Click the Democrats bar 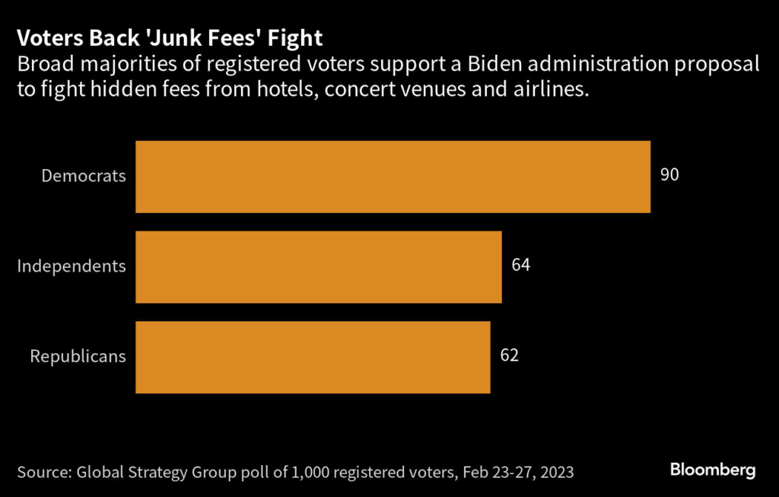tap(393, 177)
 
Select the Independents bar tap(318, 266)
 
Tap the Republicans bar tap(313, 356)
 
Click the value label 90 tap(669, 175)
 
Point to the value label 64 tap(520, 266)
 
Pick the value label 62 tap(509, 355)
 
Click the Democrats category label tap(84, 176)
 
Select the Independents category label tap(72, 266)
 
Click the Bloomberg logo tap(713, 470)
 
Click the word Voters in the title tap(46, 38)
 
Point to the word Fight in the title tap(299, 38)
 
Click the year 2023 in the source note tap(554, 472)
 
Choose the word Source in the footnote tap(43, 472)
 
